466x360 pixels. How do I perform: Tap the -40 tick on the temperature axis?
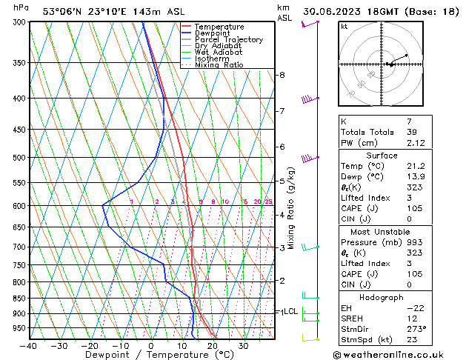tap(30, 346)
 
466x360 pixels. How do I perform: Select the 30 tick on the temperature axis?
tap(243, 346)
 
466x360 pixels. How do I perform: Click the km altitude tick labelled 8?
tap(282, 75)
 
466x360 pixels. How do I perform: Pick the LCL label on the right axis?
tap(290, 311)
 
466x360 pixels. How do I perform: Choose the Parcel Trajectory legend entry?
tap(228, 40)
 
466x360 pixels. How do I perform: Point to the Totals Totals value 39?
tap(413, 132)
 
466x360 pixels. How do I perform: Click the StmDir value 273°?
tap(416, 329)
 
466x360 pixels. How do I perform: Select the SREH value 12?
tap(413, 318)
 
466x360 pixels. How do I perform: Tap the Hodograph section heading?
tap(382, 297)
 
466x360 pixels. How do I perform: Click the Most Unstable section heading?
tap(382, 231)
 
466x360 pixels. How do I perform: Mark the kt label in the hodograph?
tap(344, 27)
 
